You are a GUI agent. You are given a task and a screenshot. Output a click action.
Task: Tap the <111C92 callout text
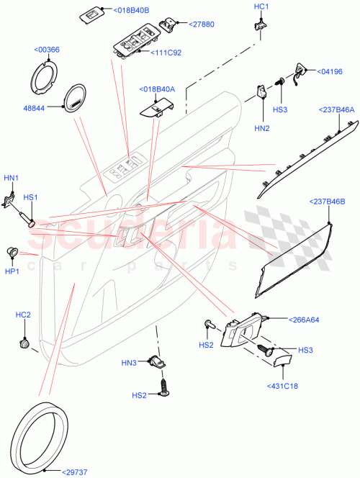[167, 53]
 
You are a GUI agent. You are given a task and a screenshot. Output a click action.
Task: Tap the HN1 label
[12, 179]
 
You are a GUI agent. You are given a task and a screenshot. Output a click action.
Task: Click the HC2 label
[23, 315]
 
